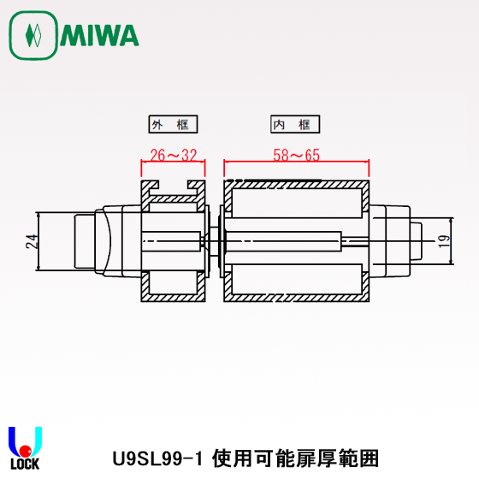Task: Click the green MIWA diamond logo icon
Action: [33, 36]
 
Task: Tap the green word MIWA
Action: [98, 36]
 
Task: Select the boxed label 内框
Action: [293, 125]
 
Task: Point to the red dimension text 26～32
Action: [173, 155]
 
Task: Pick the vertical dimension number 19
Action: [442, 242]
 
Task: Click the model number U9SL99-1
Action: [159, 458]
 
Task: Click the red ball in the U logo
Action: [26, 451]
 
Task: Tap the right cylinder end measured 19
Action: [414, 242]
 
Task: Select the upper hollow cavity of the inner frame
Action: [295, 208]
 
